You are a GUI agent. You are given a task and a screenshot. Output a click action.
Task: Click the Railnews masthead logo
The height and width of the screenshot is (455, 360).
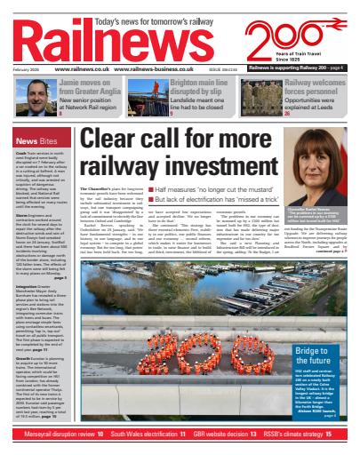pyautogui.click(x=98, y=40)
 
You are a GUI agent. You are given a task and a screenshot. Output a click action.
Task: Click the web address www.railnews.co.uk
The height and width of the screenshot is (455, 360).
pyautogui.click(x=82, y=68)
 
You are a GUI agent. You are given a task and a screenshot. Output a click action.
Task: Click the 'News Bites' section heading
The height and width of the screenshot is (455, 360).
pyautogui.click(x=38, y=141)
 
